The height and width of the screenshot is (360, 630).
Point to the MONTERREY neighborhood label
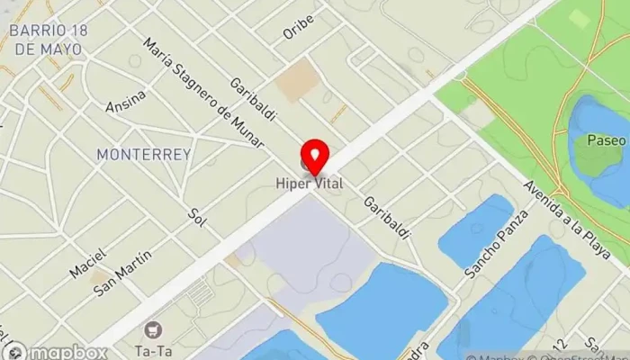click(x=144, y=155)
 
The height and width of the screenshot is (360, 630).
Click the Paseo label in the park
click(x=605, y=141)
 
